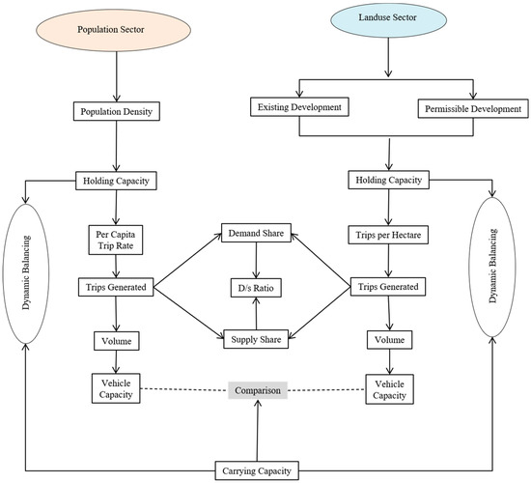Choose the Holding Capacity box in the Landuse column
click(x=387, y=179)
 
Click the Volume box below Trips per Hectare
click(x=387, y=339)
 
